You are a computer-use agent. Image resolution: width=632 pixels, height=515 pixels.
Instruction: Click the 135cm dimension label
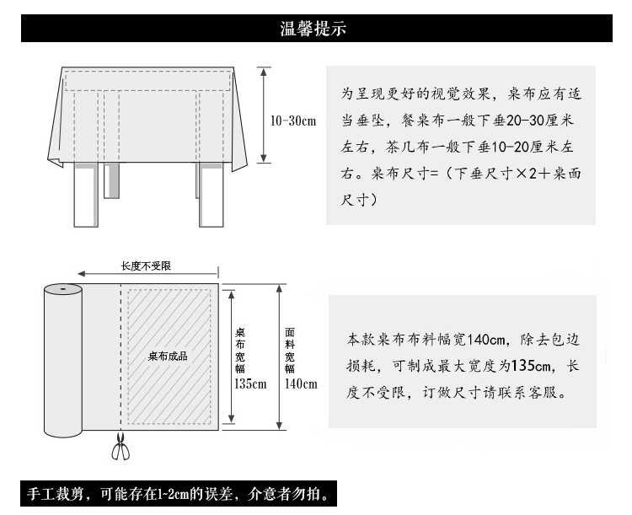coord(249,384)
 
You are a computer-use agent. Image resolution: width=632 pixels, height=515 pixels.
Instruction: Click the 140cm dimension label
coord(301,384)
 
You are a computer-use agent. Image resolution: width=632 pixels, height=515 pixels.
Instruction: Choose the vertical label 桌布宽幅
coord(239,350)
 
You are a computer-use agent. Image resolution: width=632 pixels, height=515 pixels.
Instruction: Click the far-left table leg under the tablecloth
coord(84,196)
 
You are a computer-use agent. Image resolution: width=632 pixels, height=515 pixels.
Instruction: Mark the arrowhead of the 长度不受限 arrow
coord(80,274)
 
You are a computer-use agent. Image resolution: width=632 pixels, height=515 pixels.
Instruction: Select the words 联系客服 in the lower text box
coord(532,392)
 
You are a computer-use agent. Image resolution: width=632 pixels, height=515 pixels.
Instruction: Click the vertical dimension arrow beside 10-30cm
coord(264,115)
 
